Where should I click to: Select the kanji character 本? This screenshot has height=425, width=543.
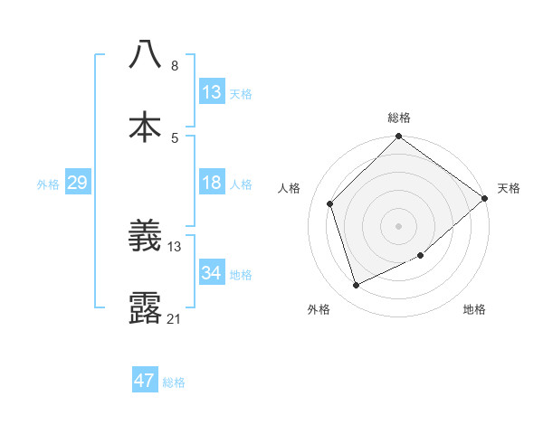[x=145, y=127]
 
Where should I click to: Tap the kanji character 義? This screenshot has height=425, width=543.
[x=145, y=237]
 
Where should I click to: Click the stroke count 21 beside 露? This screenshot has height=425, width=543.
[x=175, y=318]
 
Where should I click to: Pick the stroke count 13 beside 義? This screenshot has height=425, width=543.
[x=175, y=246]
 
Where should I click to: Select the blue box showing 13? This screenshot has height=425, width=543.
[x=212, y=92]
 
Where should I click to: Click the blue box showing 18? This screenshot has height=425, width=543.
[x=212, y=184]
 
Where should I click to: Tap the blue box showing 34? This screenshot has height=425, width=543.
[x=212, y=273]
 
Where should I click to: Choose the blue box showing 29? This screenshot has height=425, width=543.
[x=77, y=184]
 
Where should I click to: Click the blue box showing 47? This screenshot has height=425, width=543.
[x=145, y=381]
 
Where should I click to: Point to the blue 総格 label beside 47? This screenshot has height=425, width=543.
[x=174, y=382]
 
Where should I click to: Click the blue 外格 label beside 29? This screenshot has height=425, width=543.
[x=48, y=184]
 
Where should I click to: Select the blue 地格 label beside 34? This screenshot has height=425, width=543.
[x=241, y=275]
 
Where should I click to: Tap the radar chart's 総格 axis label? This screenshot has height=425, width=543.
[x=399, y=118]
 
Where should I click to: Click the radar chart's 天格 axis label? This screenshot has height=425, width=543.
[x=509, y=188]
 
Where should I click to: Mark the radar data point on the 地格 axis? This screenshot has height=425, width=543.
[x=422, y=256]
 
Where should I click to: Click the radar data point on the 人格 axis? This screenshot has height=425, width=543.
[x=330, y=203]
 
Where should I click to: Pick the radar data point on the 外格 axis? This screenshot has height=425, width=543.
[x=357, y=286]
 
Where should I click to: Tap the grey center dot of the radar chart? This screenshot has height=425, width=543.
[x=399, y=225]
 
